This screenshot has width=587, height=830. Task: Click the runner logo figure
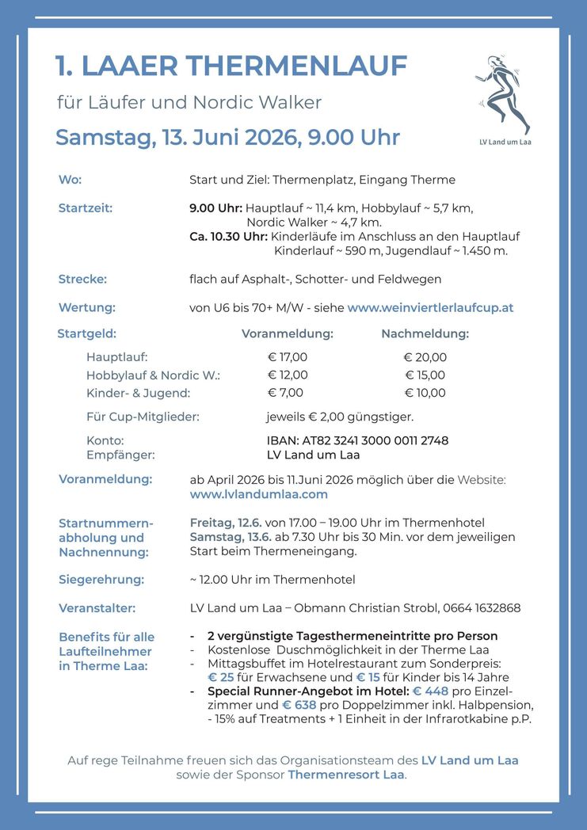tap(504, 95)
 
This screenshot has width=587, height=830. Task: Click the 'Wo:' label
tap(70, 180)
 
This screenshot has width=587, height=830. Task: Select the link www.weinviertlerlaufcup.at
tap(430, 307)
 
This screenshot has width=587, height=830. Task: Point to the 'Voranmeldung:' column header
tap(287, 333)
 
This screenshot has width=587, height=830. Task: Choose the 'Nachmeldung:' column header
tap(425, 333)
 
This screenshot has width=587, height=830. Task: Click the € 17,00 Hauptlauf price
tap(287, 357)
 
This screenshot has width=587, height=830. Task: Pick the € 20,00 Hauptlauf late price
tap(425, 357)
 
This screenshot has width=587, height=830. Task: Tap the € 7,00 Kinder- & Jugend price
tap(285, 393)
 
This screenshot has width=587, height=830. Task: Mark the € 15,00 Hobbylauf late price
tap(425, 375)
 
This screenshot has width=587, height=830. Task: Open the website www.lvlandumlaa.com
tap(258, 494)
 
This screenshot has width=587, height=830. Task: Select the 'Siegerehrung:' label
tap(101, 580)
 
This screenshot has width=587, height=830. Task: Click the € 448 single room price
tap(430, 691)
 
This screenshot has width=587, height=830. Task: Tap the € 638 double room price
tap(300, 705)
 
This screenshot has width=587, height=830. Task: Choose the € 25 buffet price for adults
tap(223, 677)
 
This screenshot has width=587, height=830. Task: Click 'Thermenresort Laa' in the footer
tap(346, 775)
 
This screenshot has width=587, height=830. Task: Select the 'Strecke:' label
tap(82, 279)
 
